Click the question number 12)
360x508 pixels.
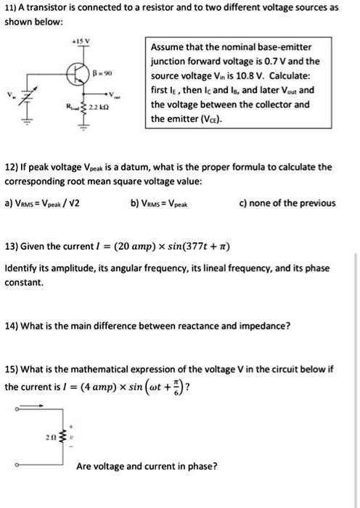(x=11, y=167)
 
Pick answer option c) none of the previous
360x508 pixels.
(x=289, y=203)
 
